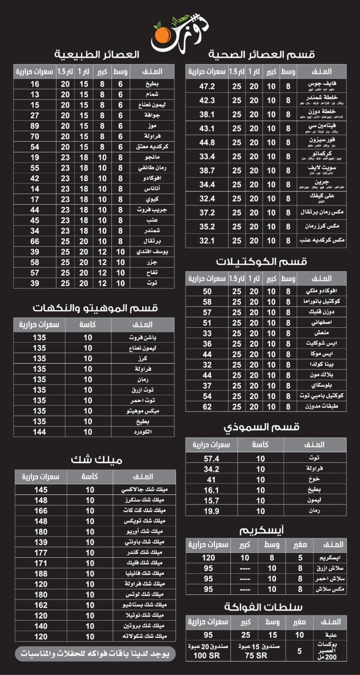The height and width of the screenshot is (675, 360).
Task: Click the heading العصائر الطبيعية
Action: point(96,54)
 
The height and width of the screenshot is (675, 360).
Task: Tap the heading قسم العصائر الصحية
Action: point(261,54)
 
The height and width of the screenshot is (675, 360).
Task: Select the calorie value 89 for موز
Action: point(35,126)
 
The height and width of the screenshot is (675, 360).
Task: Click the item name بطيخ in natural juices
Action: point(152,84)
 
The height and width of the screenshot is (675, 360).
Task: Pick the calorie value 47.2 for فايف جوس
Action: point(207,86)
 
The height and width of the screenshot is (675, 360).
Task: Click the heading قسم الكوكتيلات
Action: point(261,262)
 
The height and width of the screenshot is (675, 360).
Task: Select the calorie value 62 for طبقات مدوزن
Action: point(207,407)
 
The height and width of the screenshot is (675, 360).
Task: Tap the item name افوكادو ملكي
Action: point(321,291)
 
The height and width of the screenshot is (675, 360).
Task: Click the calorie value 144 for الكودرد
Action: point(39,432)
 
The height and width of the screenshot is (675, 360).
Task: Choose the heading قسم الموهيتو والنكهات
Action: point(95,308)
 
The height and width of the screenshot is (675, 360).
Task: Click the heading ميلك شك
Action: point(96,459)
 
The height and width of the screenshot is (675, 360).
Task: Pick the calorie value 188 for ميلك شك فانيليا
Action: point(41,574)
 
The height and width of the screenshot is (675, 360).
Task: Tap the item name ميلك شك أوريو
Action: point(144,531)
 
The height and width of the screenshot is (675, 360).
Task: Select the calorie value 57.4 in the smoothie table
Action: point(211,459)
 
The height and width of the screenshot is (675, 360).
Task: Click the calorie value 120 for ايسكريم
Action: point(208,558)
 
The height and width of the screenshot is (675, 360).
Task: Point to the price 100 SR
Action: point(207,655)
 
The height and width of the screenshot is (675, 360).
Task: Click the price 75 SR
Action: point(256,655)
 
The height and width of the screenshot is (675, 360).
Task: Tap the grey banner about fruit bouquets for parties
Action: point(95,653)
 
